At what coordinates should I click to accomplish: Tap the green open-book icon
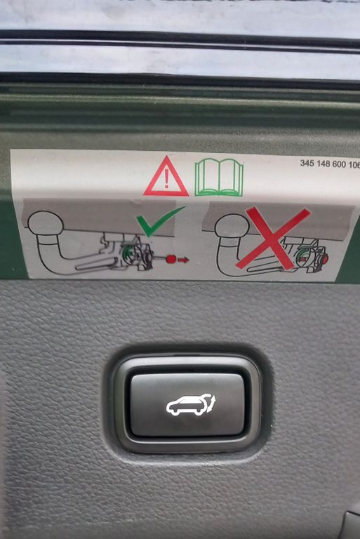coord(219,178)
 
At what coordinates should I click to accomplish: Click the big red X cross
coord(273,238)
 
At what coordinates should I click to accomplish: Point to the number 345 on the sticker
coord(307,163)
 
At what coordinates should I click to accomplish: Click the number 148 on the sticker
coord(324,164)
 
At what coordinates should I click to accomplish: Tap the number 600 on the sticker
coord(340,164)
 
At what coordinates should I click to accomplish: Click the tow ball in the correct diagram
coord(46,223)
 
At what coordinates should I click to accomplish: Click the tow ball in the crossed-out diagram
coord(232,226)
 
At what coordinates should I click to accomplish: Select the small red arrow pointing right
coord(184,260)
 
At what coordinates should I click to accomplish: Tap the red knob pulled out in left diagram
coord(171,259)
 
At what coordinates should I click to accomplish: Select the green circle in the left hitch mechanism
coord(128,253)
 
